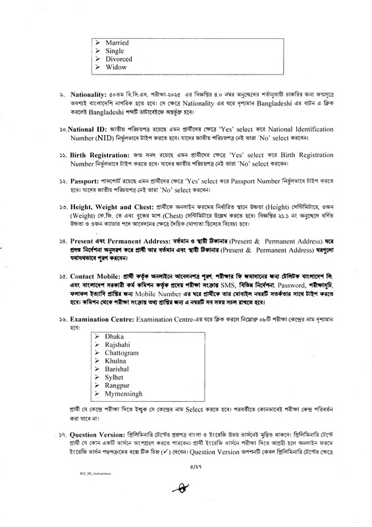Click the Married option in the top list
pos(117,42)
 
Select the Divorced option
pos(119,59)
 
